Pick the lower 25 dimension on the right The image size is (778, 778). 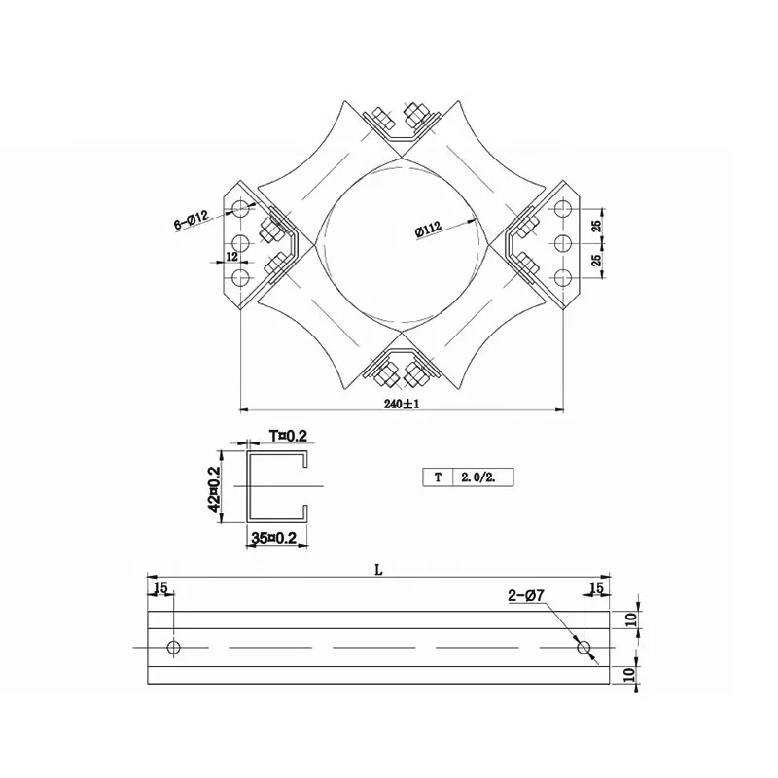pos(597,261)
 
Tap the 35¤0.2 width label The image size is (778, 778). pos(273,537)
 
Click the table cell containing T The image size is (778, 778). pos(438,477)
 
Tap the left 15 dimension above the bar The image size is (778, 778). pos(159,587)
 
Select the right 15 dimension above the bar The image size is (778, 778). pos(596,587)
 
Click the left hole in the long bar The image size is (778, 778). pos(174,647)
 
